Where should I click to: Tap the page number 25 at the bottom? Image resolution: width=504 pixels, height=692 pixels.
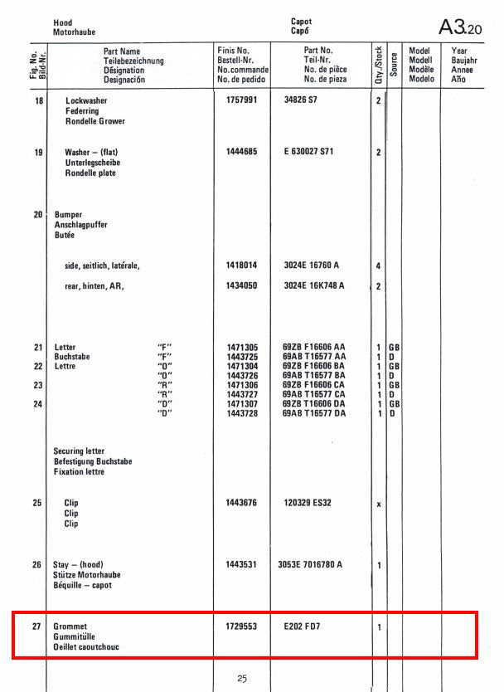pos(242,678)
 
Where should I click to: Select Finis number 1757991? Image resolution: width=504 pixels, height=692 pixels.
pos(241,100)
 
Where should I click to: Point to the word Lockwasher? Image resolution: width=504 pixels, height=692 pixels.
pos(86,100)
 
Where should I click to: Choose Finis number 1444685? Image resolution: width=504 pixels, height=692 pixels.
pos(241,153)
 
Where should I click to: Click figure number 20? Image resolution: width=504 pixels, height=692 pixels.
pos(37,215)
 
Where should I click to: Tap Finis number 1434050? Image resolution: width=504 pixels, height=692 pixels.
pos(241,286)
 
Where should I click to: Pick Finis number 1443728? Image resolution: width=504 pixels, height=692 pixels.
pos(241,413)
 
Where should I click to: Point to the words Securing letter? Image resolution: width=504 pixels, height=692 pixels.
pos(80,451)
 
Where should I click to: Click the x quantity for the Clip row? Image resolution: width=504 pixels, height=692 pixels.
pos(379,504)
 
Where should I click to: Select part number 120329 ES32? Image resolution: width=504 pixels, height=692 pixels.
pos(308,503)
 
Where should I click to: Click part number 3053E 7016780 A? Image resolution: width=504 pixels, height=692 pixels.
pos(310,565)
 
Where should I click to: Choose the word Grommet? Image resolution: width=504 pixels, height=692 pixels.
pos(70,626)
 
